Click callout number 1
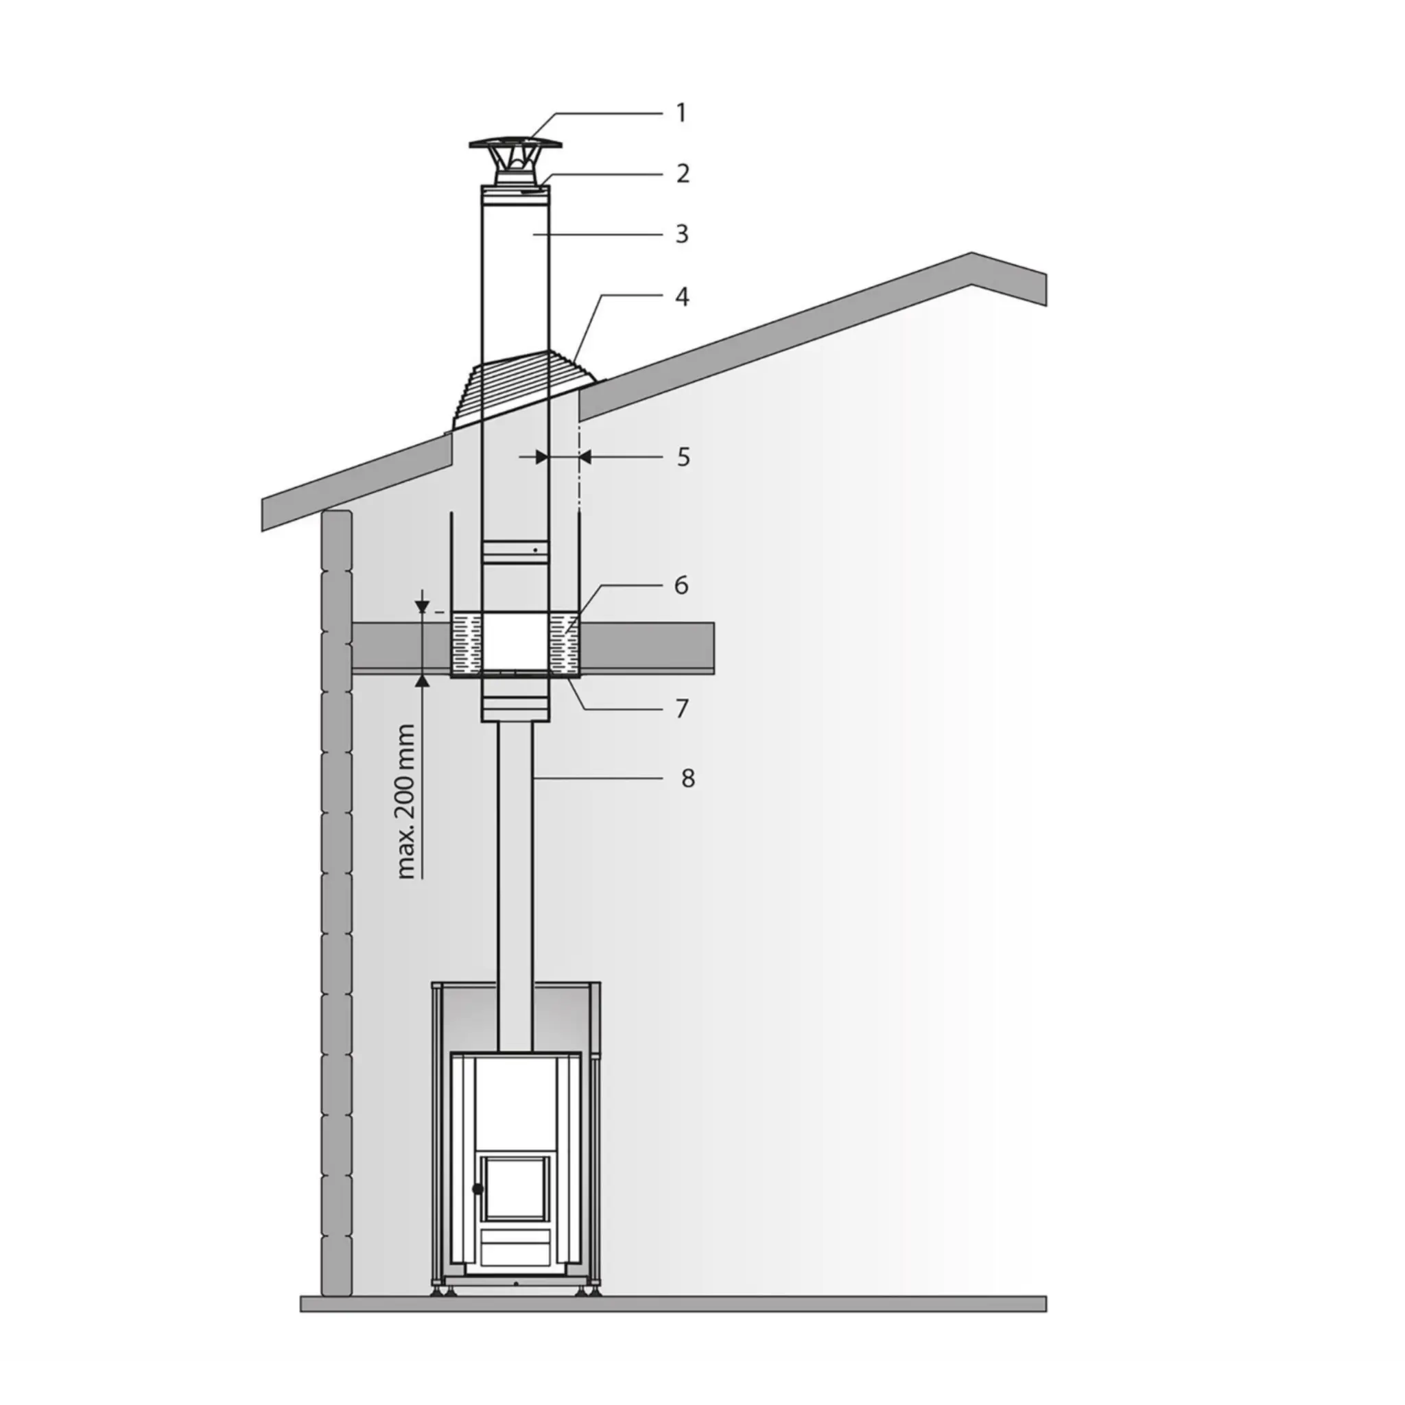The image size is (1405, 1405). point(681,113)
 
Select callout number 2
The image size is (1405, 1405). point(682,173)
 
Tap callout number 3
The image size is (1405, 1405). point(682,233)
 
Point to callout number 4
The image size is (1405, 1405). point(682,296)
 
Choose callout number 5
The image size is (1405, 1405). point(683,457)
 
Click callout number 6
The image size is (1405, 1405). point(681,585)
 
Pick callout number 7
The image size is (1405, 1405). point(681,707)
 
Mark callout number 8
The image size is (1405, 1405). point(688,778)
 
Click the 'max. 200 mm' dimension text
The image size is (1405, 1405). point(408,801)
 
